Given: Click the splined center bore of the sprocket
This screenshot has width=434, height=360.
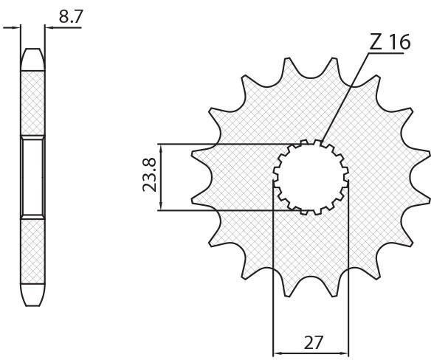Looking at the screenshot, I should click(311, 177).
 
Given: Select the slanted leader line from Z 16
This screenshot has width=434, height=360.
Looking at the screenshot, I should click(343, 97).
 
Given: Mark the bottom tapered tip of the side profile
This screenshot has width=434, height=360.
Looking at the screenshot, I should click(33, 298).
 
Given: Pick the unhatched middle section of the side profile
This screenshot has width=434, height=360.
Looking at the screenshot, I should click(33, 177).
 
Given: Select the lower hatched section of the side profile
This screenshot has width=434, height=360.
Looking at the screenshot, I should click(33, 255).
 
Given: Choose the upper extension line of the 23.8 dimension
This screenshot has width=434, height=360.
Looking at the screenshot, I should click(229, 143).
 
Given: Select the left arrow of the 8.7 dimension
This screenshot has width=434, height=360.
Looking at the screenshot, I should click(13, 29).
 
